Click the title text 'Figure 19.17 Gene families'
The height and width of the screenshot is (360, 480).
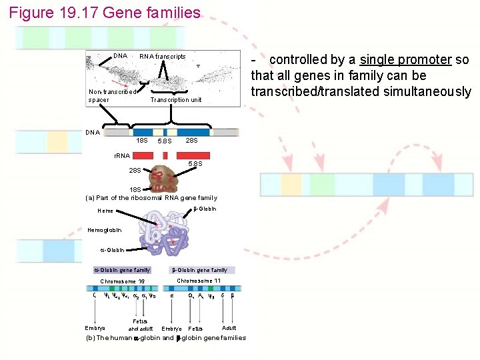[x=105, y=13]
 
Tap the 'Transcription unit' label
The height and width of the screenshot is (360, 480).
[x=176, y=99]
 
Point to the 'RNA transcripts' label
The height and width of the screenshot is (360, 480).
[x=162, y=57]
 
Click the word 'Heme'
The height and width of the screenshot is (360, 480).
[x=105, y=211]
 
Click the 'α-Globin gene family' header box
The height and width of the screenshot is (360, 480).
[x=122, y=270]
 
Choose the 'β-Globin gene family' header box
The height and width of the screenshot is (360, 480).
[x=200, y=270]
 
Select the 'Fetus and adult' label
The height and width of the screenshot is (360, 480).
[x=140, y=325]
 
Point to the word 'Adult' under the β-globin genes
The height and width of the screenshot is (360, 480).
[x=229, y=327]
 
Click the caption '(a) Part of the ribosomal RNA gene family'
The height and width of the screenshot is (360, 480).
[x=151, y=197]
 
